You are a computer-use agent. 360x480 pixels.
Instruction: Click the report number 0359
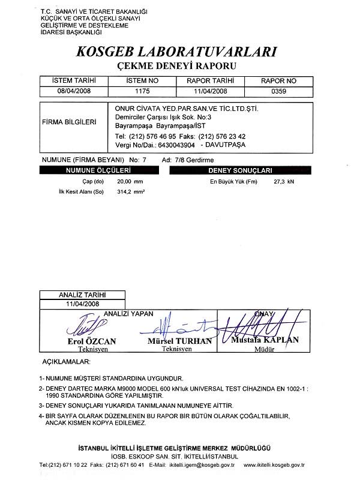click(x=276, y=91)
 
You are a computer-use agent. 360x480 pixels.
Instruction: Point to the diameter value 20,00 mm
click(x=131, y=181)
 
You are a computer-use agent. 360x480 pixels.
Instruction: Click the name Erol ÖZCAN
click(x=92, y=341)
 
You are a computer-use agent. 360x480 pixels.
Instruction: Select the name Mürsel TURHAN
click(x=179, y=341)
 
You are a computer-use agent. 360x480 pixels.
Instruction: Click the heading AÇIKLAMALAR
click(x=65, y=363)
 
